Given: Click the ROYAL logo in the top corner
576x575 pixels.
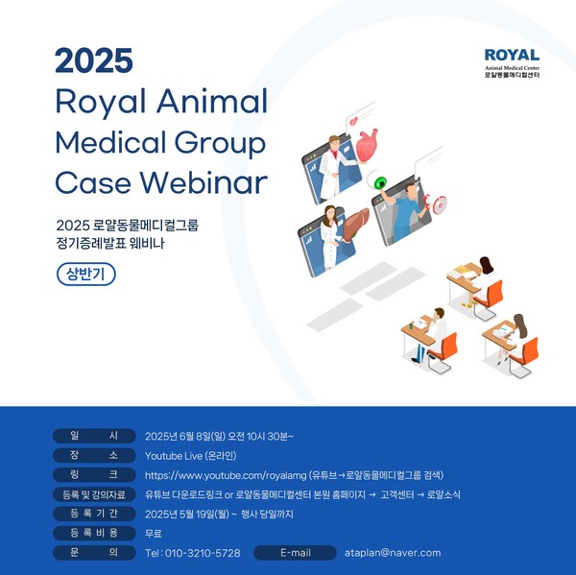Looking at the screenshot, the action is tap(512, 63).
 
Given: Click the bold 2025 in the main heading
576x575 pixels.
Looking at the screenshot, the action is tap(94, 60).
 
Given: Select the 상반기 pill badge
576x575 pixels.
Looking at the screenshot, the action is tap(86, 275).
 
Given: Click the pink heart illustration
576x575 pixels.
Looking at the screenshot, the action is tap(367, 144).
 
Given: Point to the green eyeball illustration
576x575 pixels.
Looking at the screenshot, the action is tap(378, 180).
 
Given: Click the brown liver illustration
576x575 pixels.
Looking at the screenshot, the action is tap(355, 223).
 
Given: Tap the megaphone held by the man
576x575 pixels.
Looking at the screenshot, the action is tap(434, 203).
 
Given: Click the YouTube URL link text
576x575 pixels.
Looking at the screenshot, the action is tap(226, 475).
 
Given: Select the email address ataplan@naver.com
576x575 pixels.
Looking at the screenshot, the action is tap(393, 553).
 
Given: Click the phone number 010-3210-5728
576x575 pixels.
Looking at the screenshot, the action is tap(203, 553).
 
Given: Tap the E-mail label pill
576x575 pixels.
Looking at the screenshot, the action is tap(295, 553).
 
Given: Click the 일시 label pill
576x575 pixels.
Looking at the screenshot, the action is tap(94, 436).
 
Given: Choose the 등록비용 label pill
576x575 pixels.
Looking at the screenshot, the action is tap(94, 533).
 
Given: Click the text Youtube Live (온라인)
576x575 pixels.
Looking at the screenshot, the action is tap(191, 456).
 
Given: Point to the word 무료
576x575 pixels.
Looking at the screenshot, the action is tap(154, 534).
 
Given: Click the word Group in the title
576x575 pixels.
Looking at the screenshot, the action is tap(220, 144).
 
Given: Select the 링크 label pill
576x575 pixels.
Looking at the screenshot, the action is tap(94, 475).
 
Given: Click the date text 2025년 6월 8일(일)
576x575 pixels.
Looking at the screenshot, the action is tap(185, 437).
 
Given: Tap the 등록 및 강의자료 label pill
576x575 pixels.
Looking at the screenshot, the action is tap(94, 494).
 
